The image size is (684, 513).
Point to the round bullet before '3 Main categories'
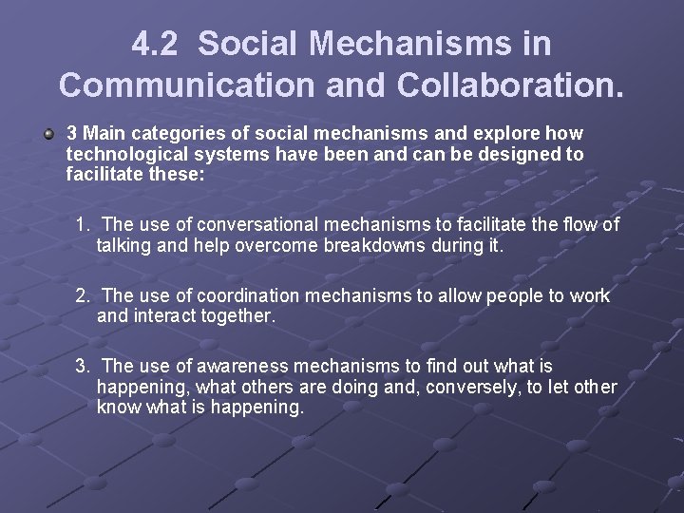pos(48,133)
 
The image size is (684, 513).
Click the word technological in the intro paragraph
pos(123,153)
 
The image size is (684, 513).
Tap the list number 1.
pos(83,224)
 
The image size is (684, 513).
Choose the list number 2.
pos(83,295)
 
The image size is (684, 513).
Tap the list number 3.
pos(83,366)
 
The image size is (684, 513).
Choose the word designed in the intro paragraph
pos(515,153)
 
